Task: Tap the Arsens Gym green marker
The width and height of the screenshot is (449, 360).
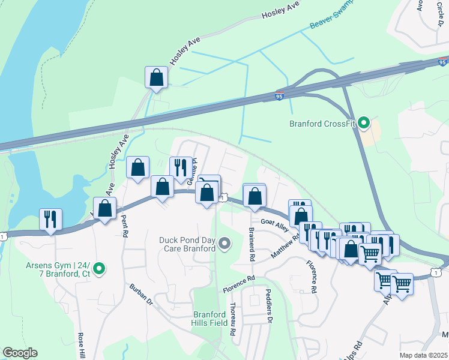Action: (x=100, y=268)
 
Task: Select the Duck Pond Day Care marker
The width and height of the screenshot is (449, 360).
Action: (x=224, y=243)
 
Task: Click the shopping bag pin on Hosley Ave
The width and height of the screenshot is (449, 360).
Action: (x=156, y=78)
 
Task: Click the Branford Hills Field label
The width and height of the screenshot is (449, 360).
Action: (x=210, y=318)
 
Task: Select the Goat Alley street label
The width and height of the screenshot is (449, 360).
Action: (x=275, y=223)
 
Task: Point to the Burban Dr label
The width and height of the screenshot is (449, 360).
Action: (x=142, y=295)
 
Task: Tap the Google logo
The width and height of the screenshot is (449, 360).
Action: (x=20, y=353)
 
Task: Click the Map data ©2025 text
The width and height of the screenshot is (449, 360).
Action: (x=423, y=355)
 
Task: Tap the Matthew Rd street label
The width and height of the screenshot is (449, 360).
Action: (x=285, y=247)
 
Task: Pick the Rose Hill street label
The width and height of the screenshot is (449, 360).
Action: (x=81, y=347)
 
